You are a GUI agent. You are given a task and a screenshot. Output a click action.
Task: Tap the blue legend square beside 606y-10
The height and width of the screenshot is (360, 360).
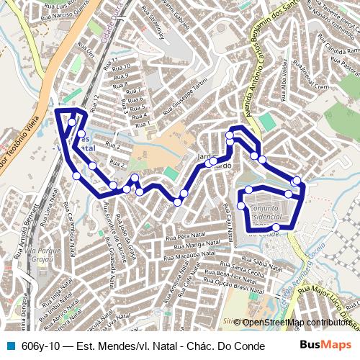(9, 345)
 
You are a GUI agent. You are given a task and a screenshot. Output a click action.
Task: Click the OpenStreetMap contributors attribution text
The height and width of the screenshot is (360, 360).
(296, 322)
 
